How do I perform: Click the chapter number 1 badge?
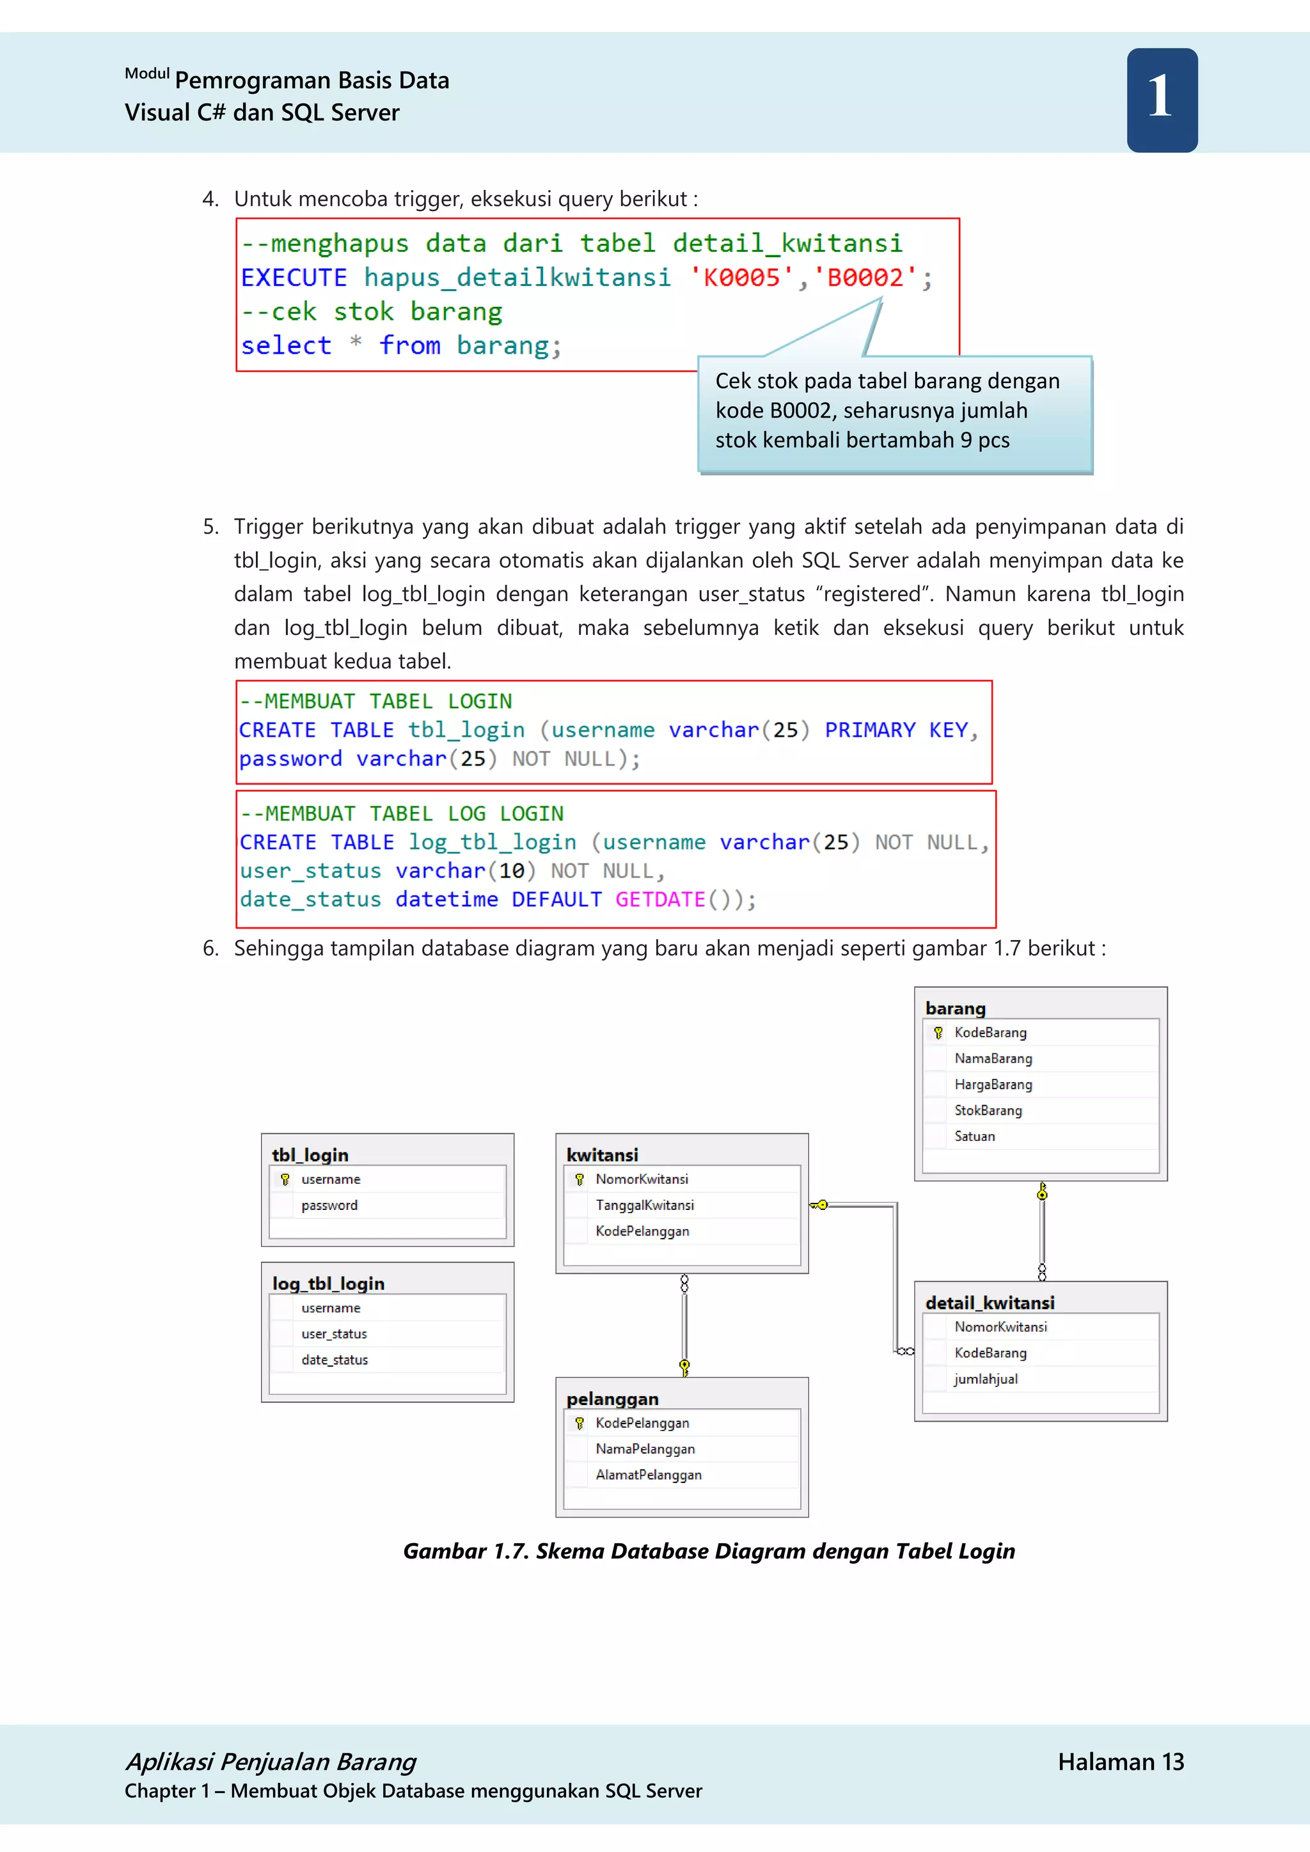point(1162,100)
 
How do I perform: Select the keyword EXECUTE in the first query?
point(294,278)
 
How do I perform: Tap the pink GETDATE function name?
point(660,899)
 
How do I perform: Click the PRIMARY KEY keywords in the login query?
point(896,730)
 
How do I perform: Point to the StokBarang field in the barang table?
point(988,1111)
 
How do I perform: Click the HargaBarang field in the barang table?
point(993,1085)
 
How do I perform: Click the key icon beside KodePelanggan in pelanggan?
point(579,1424)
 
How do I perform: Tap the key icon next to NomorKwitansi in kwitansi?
point(579,1179)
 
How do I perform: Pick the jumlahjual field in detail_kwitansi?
point(986,1379)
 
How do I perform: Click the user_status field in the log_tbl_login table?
point(334,1334)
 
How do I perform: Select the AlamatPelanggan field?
point(649,1475)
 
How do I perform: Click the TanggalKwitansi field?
point(645,1205)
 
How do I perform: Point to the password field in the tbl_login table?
point(329,1205)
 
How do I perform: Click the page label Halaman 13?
point(1121,1762)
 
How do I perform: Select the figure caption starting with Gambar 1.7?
point(708,1551)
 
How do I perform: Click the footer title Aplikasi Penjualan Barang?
point(271,1762)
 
